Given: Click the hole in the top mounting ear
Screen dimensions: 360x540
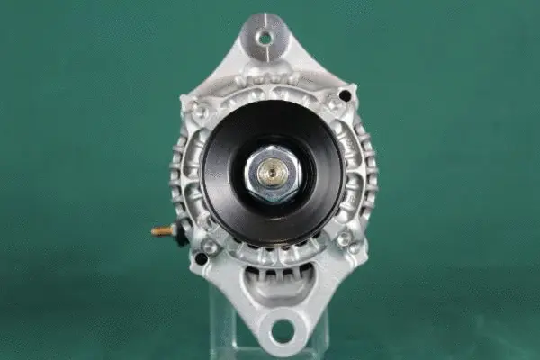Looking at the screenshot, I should (x=265, y=38).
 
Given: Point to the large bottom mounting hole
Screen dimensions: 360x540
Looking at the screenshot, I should (x=282, y=328).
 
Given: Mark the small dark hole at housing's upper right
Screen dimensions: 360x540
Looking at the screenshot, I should (x=345, y=94).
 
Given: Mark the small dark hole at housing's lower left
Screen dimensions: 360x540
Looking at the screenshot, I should (x=201, y=258).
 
